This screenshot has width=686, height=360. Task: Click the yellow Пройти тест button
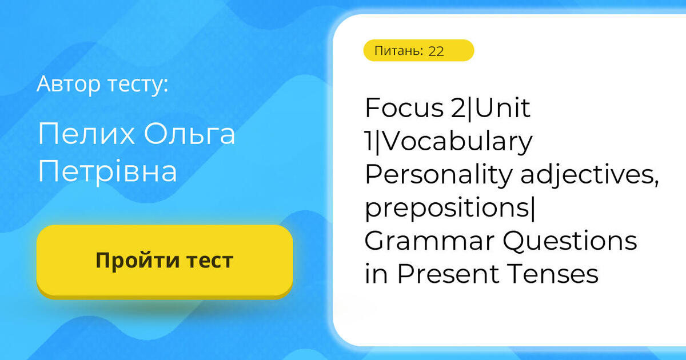[x=165, y=261]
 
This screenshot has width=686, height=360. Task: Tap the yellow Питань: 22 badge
[x=418, y=50]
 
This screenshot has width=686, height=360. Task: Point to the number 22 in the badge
[x=436, y=51]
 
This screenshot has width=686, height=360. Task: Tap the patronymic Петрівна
[x=107, y=171]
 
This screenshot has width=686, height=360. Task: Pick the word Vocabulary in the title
[x=453, y=142]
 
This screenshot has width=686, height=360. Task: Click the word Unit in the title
[x=503, y=109]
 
